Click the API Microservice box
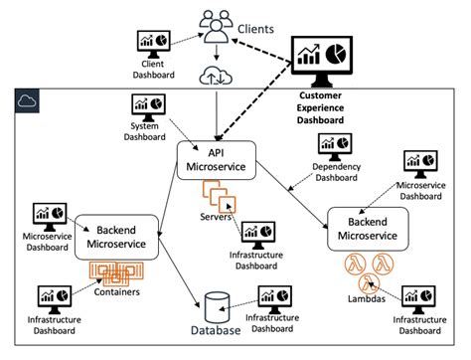coord(215,159)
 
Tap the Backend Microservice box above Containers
coord(117,237)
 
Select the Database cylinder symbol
coord(216,303)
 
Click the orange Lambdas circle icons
coord(363,271)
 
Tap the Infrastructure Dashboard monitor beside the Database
coord(274,297)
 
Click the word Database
coord(218,331)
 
